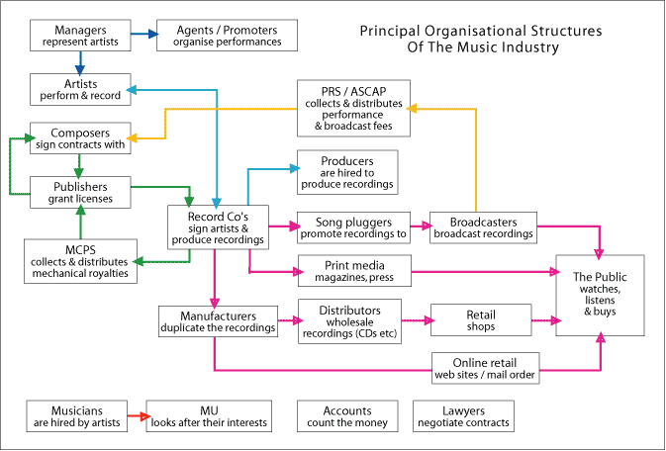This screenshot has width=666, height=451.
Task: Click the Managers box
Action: coord(80,36)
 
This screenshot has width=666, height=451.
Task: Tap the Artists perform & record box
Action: coord(80,90)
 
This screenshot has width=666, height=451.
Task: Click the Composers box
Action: coord(80,137)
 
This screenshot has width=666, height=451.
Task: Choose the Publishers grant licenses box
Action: coord(80,191)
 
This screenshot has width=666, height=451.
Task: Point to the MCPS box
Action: coord(80,260)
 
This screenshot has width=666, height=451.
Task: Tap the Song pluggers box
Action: coord(354,227)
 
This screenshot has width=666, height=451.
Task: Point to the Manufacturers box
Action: coord(217,319)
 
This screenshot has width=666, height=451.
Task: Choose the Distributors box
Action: coord(348,320)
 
